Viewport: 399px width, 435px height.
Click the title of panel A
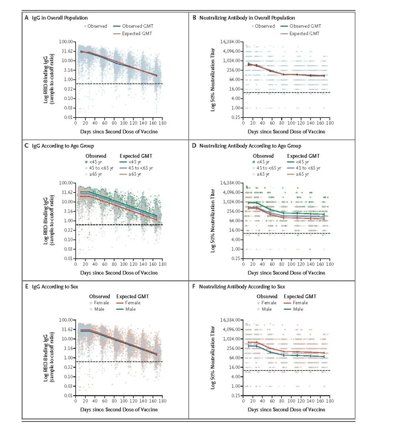[x=59, y=18]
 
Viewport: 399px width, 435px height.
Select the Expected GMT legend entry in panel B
[x=300, y=34]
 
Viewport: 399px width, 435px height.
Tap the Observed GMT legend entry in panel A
[x=133, y=26]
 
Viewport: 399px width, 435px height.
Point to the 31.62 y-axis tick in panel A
[x=67, y=51]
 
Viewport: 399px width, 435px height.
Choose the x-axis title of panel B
[x=286, y=132]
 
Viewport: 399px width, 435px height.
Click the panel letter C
[x=26, y=146]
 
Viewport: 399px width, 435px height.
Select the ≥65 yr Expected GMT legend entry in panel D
[x=298, y=174]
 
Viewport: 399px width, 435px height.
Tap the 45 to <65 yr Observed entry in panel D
[x=267, y=168]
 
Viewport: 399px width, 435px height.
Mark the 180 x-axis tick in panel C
[x=162, y=264]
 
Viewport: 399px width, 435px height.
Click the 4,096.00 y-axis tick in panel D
[x=232, y=192]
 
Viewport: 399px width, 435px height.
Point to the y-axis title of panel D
[x=213, y=221]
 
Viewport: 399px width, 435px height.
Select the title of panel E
[x=55, y=286]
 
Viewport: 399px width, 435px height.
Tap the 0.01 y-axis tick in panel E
[x=68, y=395]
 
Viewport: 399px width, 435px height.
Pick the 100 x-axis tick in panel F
[x=291, y=401]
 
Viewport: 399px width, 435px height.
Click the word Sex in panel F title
[x=281, y=286]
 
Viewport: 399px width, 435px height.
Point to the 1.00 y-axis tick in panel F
[x=236, y=386]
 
